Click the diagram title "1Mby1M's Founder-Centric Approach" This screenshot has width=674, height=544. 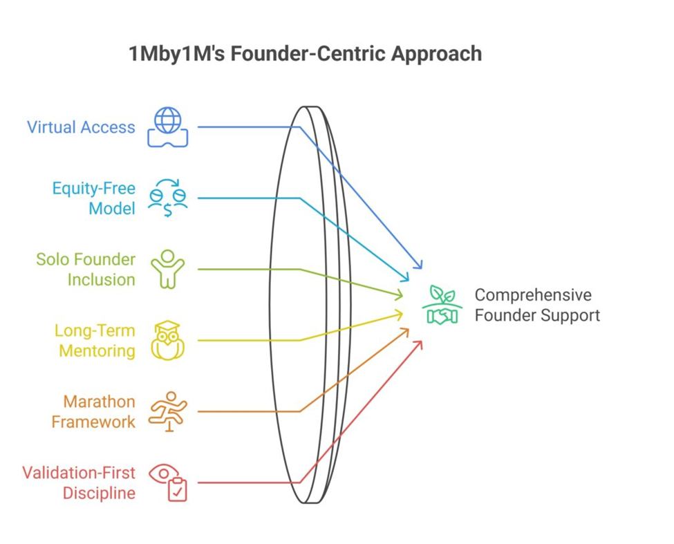coord(305,54)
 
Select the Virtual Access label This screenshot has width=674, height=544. coord(81,127)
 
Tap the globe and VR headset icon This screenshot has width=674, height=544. coord(168,127)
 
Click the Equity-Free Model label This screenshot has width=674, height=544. coord(94,198)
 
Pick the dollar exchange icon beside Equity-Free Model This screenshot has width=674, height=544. coord(168,198)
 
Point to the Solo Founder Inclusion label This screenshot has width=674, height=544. coord(86,270)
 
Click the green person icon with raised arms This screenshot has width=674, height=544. coord(168,270)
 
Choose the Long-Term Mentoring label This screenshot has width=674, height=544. coord(95,340)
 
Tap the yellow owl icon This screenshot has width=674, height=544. coord(168,340)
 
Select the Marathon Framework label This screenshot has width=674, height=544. coord(93,411)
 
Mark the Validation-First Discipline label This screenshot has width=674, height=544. coord(79,482)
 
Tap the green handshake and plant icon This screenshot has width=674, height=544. coord(442,305)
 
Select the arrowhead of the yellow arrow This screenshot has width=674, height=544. coord(400,315)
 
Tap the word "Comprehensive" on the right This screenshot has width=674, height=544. coord(533,295)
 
